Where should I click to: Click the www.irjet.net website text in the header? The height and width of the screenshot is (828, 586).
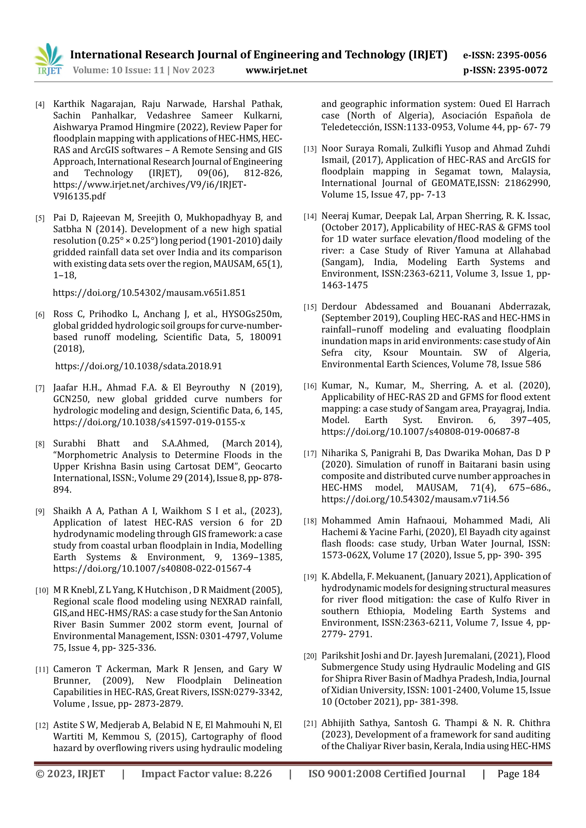point(276,70)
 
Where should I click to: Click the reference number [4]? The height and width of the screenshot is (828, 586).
point(40,105)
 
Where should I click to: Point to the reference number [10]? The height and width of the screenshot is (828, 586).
point(41,591)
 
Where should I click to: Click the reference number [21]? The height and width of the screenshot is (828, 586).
point(310,724)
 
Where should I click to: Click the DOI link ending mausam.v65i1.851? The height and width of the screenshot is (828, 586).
point(149,292)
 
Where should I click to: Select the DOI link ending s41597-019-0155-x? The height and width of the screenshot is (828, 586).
point(149,422)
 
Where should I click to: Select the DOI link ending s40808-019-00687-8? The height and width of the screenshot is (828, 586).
point(420,432)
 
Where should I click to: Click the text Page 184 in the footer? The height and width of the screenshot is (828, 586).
point(518,774)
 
